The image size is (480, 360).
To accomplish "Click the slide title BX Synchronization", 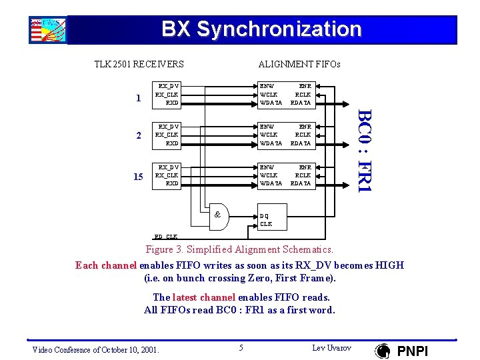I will click(x=261, y=29).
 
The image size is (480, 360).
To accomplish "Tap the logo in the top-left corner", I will click(x=47, y=30).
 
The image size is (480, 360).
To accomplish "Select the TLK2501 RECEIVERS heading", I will click(x=139, y=65).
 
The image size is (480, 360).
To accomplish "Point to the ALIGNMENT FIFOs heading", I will click(x=299, y=65).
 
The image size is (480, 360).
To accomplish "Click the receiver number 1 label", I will click(x=138, y=99).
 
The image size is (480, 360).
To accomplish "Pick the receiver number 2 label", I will click(x=138, y=135).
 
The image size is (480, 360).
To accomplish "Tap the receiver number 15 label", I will click(x=138, y=177).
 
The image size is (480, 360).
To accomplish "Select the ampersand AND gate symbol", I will click(x=217, y=214).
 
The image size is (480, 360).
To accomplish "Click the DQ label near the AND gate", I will click(x=265, y=216).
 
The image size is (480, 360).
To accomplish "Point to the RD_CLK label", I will click(x=165, y=237).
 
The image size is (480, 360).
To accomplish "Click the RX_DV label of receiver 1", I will click(x=167, y=86).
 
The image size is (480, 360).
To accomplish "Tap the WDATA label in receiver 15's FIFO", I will click(x=271, y=183).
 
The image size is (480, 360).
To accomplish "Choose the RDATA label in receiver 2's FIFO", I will click(x=301, y=143).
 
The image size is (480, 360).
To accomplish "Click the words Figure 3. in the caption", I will click(x=164, y=249).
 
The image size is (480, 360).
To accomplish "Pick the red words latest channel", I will click(x=204, y=297).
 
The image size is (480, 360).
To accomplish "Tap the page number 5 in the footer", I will click(x=241, y=347).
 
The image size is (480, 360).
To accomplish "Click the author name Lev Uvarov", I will click(x=331, y=348).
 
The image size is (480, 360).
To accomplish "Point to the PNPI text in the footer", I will click(x=413, y=351).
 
